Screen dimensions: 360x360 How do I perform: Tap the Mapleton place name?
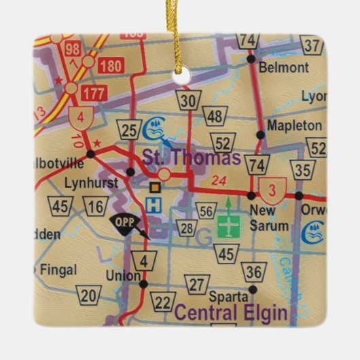(x=294, y=126)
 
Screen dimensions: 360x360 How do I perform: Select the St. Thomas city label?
(x=191, y=158)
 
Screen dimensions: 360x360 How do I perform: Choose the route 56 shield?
(x=207, y=211)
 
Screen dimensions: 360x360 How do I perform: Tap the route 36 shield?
(x=254, y=272)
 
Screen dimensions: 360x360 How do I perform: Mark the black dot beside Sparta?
(x=252, y=289)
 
